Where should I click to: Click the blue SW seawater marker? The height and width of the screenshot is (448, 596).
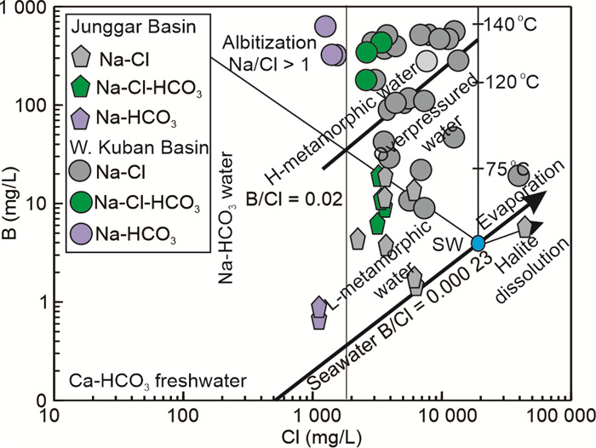[479, 244]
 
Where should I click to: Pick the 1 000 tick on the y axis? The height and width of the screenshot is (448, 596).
[28, 10]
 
